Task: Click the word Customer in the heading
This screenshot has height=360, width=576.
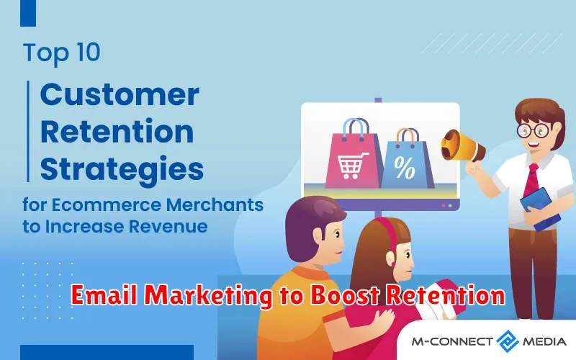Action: (120, 95)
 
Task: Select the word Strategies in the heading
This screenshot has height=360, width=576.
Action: (122, 169)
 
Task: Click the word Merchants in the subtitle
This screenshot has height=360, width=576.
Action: (215, 204)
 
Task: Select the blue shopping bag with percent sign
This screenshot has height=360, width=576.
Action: (407, 159)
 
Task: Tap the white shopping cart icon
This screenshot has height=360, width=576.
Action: (352, 166)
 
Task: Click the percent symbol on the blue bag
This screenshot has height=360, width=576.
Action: (404, 168)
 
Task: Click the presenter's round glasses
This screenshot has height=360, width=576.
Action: (533, 130)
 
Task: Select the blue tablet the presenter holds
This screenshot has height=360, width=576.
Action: (540, 209)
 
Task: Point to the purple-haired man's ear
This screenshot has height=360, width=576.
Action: (318, 236)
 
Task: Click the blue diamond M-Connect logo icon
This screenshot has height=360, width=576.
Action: (508, 341)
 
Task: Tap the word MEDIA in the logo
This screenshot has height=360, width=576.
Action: (544, 341)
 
